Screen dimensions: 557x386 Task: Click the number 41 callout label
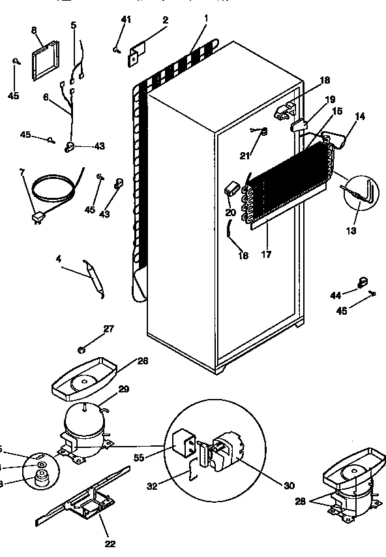click(126, 20)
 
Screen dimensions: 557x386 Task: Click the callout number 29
click(123, 389)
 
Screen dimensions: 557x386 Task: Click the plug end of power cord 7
click(37, 220)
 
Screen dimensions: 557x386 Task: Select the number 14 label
click(360, 117)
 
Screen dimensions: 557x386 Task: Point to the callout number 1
click(206, 20)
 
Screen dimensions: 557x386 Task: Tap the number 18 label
click(325, 80)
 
